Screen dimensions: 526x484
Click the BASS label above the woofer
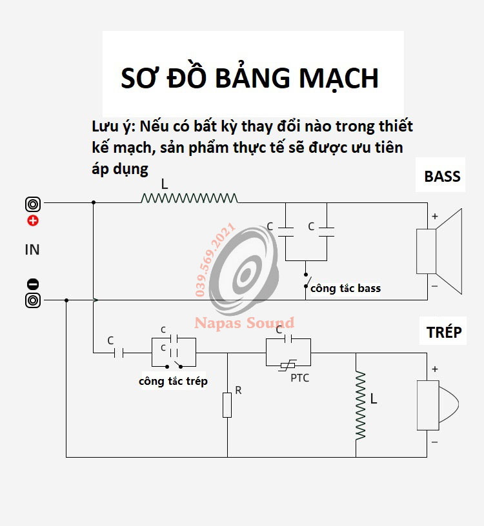(x=442, y=177)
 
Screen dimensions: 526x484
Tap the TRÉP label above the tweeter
(x=444, y=332)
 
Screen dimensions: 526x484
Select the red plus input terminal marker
(x=33, y=221)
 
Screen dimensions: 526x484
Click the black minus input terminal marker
(x=33, y=284)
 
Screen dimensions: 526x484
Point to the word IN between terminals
(x=32, y=249)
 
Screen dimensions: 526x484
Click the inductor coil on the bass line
(x=189, y=199)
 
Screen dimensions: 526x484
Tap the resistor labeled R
(x=227, y=405)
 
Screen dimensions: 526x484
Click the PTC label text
(x=299, y=378)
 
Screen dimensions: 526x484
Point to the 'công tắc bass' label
(x=345, y=288)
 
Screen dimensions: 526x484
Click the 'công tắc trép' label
(x=173, y=381)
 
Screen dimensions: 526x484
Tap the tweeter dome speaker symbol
(x=438, y=405)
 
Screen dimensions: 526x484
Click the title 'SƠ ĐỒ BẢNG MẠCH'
(x=250, y=78)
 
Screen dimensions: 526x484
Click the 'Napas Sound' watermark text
(x=245, y=323)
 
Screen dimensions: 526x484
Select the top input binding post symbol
(x=33, y=204)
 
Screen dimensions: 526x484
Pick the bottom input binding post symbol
(x=33, y=300)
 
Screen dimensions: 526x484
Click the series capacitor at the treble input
(x=118, y=353)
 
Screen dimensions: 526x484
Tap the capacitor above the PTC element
(x=288, y=338)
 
